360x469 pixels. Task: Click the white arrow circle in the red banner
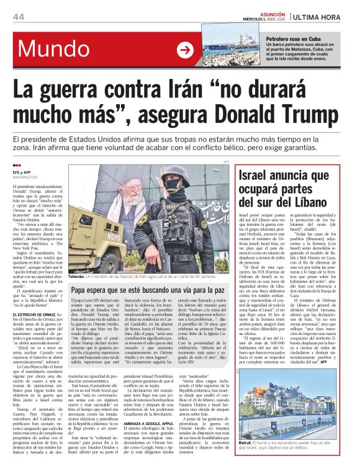point(185,50)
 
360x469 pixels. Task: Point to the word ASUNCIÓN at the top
point(272,12)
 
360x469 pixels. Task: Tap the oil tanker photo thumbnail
point(233,50)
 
